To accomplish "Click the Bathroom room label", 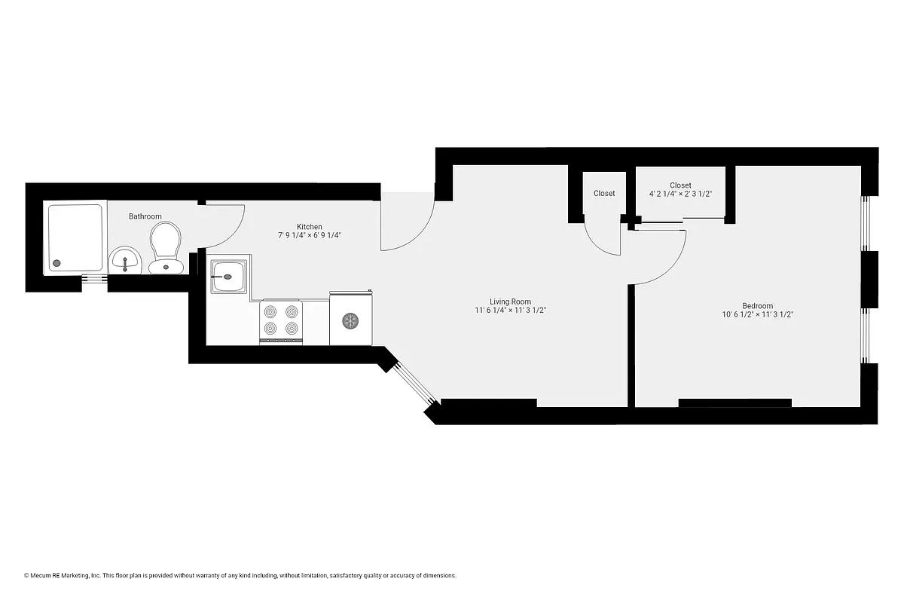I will pos(145,216).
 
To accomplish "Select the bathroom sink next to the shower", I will pos(124,262).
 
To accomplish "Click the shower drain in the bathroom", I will pos(55,264).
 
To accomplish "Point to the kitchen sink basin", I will pos(228,276).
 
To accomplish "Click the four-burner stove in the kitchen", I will pos(281,321).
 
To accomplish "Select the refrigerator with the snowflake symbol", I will pos(350,320).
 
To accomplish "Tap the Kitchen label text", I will pos(310,227).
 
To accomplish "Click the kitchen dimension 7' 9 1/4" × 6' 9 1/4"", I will pos(310,235).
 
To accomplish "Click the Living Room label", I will pos(510,301).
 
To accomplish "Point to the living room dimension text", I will pos(510,311).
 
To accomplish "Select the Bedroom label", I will pos(757,306).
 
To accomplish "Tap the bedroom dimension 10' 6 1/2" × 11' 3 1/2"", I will pos(757,315).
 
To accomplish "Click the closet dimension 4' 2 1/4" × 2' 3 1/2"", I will pos(680,194).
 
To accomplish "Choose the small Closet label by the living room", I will pos(604,194).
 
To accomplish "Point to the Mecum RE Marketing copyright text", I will pos(240,576).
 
